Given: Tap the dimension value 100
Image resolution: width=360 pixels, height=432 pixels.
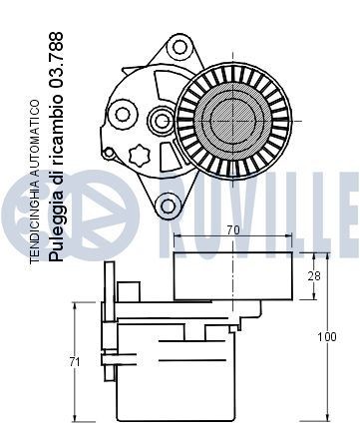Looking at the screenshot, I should (x=326, y=337).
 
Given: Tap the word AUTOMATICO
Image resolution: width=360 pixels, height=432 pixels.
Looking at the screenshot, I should (x=36, y=141).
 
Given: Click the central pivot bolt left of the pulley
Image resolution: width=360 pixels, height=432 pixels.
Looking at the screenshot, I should (x=160, y=122).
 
